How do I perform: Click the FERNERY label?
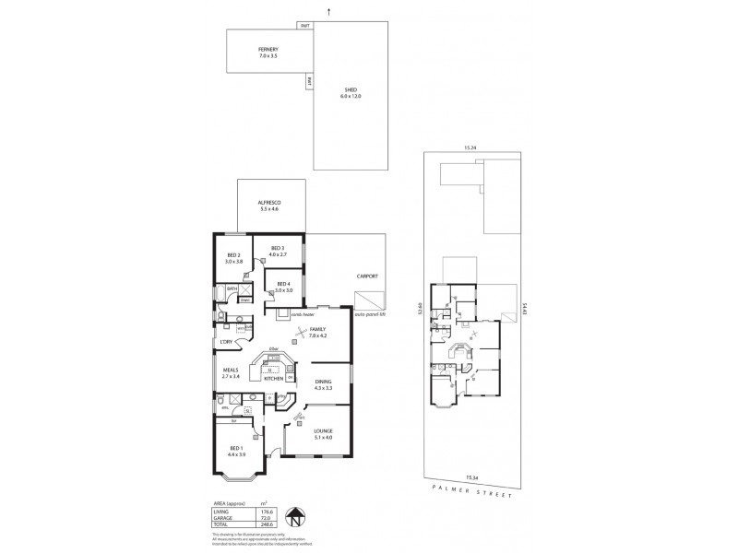268,52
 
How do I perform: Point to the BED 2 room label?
232,258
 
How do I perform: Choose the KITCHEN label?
273,379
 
